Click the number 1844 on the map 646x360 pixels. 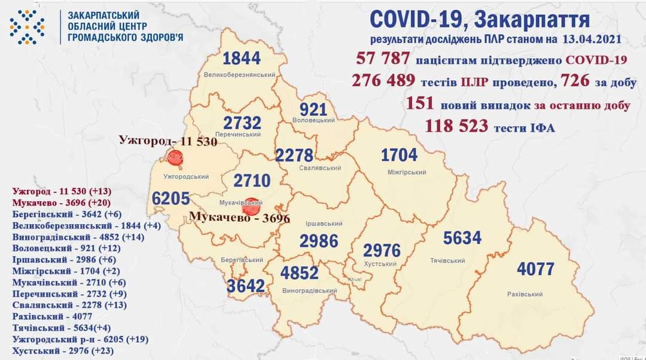point(242,59)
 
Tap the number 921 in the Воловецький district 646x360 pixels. point(313,109)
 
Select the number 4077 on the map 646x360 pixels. point(535,269)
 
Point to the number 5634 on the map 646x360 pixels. point(462,238)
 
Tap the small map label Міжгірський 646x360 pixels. point(407,172)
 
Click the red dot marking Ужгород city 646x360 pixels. point(175,158)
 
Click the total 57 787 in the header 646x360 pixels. point(383,59)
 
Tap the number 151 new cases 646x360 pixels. point(420,104)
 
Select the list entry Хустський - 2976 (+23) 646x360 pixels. point(72,350)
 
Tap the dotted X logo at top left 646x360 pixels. point(27,27)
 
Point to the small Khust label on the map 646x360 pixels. point(355,280)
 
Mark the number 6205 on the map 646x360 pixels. point(171,199)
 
